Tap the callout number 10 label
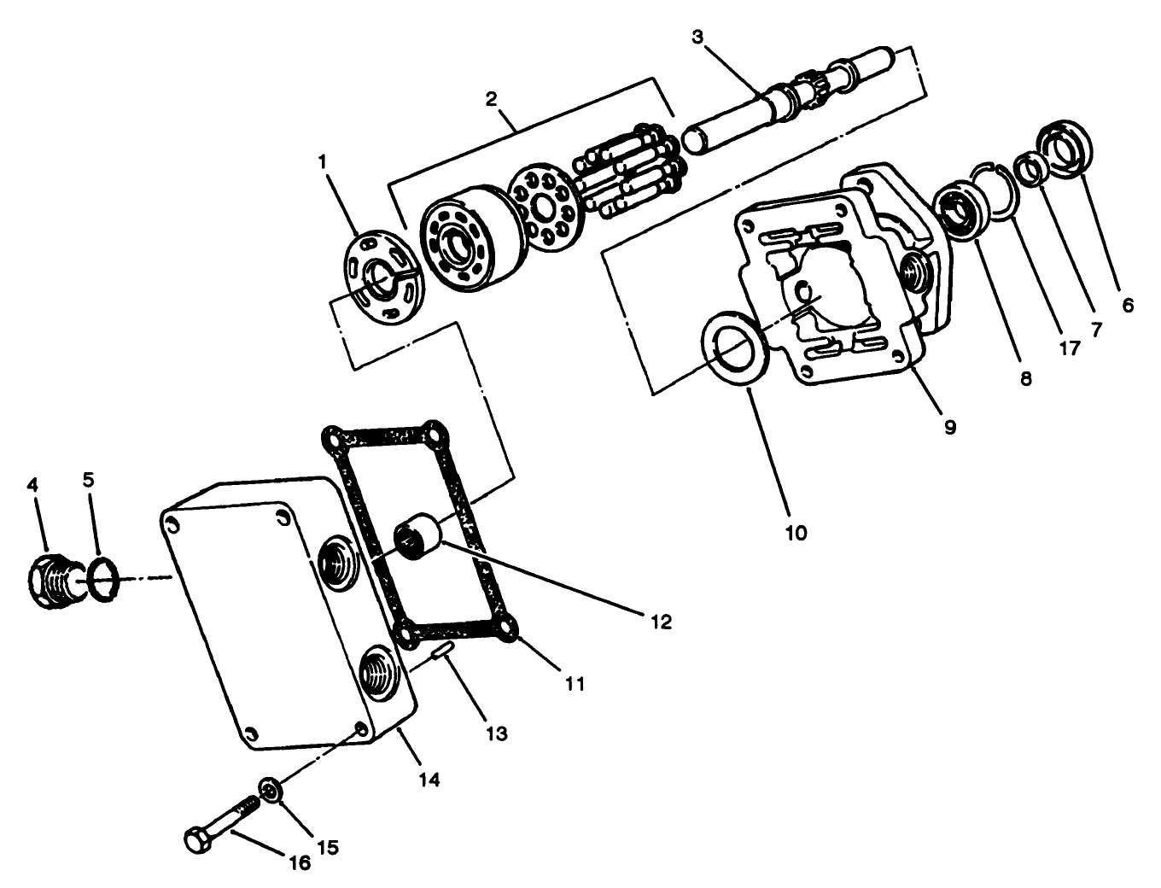[795, 533]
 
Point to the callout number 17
[1069, 348]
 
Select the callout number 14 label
[429, 779]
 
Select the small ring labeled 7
[1030, 169]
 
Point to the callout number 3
[697, 37]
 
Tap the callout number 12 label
[660, 621]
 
